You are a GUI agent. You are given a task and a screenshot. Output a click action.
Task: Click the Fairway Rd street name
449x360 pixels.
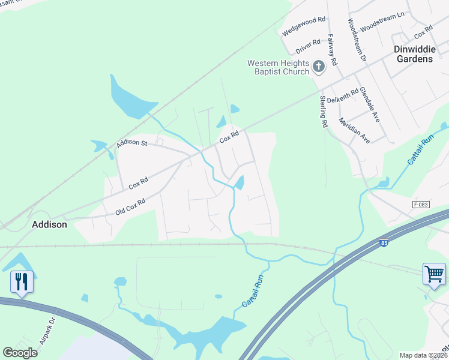coord(332,50)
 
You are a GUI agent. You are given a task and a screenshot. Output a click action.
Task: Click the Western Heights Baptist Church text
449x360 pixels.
coord(279,67)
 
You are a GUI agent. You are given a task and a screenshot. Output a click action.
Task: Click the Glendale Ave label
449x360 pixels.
coord(370,105)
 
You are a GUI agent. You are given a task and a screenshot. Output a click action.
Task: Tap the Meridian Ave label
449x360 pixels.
coord(355,130)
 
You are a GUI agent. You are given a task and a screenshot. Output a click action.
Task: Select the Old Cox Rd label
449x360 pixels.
coord(130,208)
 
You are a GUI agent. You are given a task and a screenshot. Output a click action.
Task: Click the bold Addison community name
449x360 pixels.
coord(49,224)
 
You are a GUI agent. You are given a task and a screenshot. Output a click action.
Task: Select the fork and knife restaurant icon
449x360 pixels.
coord(21,281)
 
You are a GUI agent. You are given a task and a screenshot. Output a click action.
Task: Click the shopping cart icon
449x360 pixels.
coord(434,274)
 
